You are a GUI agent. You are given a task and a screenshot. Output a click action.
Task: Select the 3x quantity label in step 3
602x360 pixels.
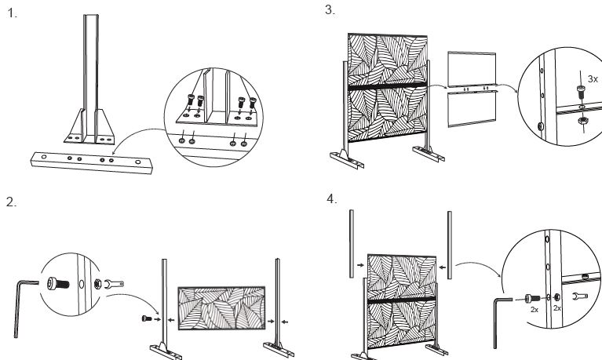[593, 78]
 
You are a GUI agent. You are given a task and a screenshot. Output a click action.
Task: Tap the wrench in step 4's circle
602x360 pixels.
[582, 297]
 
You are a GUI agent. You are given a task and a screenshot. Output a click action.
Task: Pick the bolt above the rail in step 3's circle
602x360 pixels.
[579, 90]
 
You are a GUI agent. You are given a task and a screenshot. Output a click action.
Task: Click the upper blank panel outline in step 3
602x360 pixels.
[472, 70]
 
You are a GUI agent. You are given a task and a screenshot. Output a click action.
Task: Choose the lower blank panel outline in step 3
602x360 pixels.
[472, 108]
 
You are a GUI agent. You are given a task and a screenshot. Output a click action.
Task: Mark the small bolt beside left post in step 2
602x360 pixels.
[147, 318]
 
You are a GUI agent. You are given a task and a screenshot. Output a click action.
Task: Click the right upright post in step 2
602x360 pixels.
[278, 298]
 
